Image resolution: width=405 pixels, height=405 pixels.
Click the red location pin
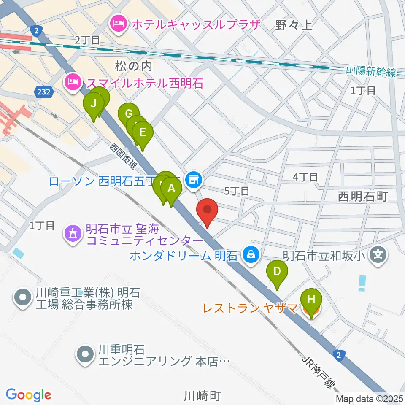(207, 210)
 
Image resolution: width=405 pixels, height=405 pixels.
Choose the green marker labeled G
(129, 114)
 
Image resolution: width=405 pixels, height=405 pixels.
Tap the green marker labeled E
(143, 133)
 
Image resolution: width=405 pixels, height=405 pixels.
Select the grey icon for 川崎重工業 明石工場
(22, 298)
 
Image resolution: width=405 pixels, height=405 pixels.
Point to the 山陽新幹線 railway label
(370, 72)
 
